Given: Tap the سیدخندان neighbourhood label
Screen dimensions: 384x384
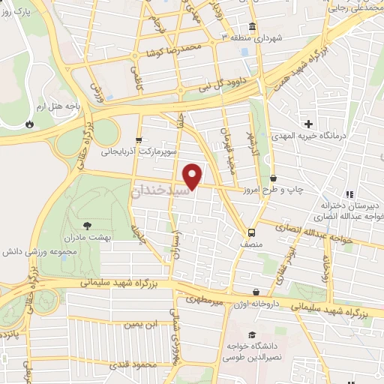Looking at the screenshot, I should [x=162, y=191].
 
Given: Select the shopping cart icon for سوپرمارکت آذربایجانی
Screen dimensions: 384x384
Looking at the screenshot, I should [x=138, y=139].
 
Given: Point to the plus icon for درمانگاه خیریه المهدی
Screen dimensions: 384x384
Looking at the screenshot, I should [x=307, y=123].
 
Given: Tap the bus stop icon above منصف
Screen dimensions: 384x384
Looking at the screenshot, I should [x=251, y=232].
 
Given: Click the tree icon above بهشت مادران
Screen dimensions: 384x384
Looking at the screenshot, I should [x=88, y=224].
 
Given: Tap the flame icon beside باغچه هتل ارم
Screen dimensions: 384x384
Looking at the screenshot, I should [x=29, y=124].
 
